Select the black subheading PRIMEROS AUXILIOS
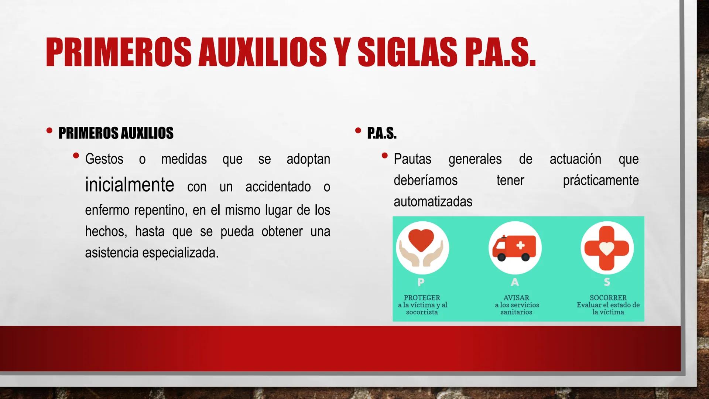click(116, 133)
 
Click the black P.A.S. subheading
click(382, 133)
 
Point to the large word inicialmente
click(129, 185)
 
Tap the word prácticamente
click(600, 180)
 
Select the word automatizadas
click(433, 202)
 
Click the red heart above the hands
click(422, 240)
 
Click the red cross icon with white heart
click(607, 248)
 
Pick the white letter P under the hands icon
click(421, 282)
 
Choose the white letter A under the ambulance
click(515, 282)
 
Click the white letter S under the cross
click(607, 282)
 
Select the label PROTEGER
click(422, 298)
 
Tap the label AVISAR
click(516, 298)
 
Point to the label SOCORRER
click(608, 298)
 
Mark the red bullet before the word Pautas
click(384, 156)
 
